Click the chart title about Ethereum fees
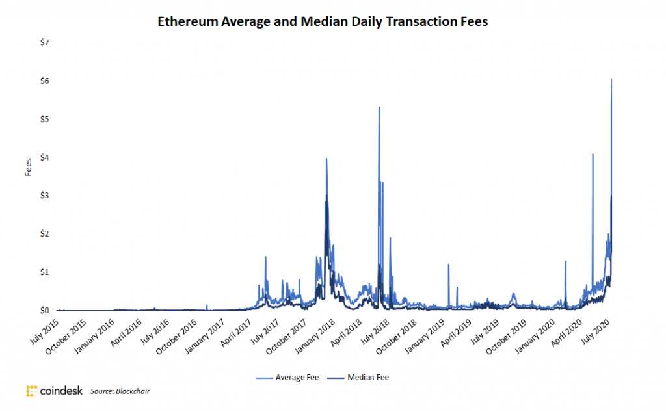tap(323, 22)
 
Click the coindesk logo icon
tap(33, 391)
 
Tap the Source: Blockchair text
tap(120, 391)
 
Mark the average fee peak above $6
tap(611, 80)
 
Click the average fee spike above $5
tap(379, 107)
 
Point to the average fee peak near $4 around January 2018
tap(326, 159)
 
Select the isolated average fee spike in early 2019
tap(448, 265)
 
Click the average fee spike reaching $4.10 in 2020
tap(593, 155)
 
